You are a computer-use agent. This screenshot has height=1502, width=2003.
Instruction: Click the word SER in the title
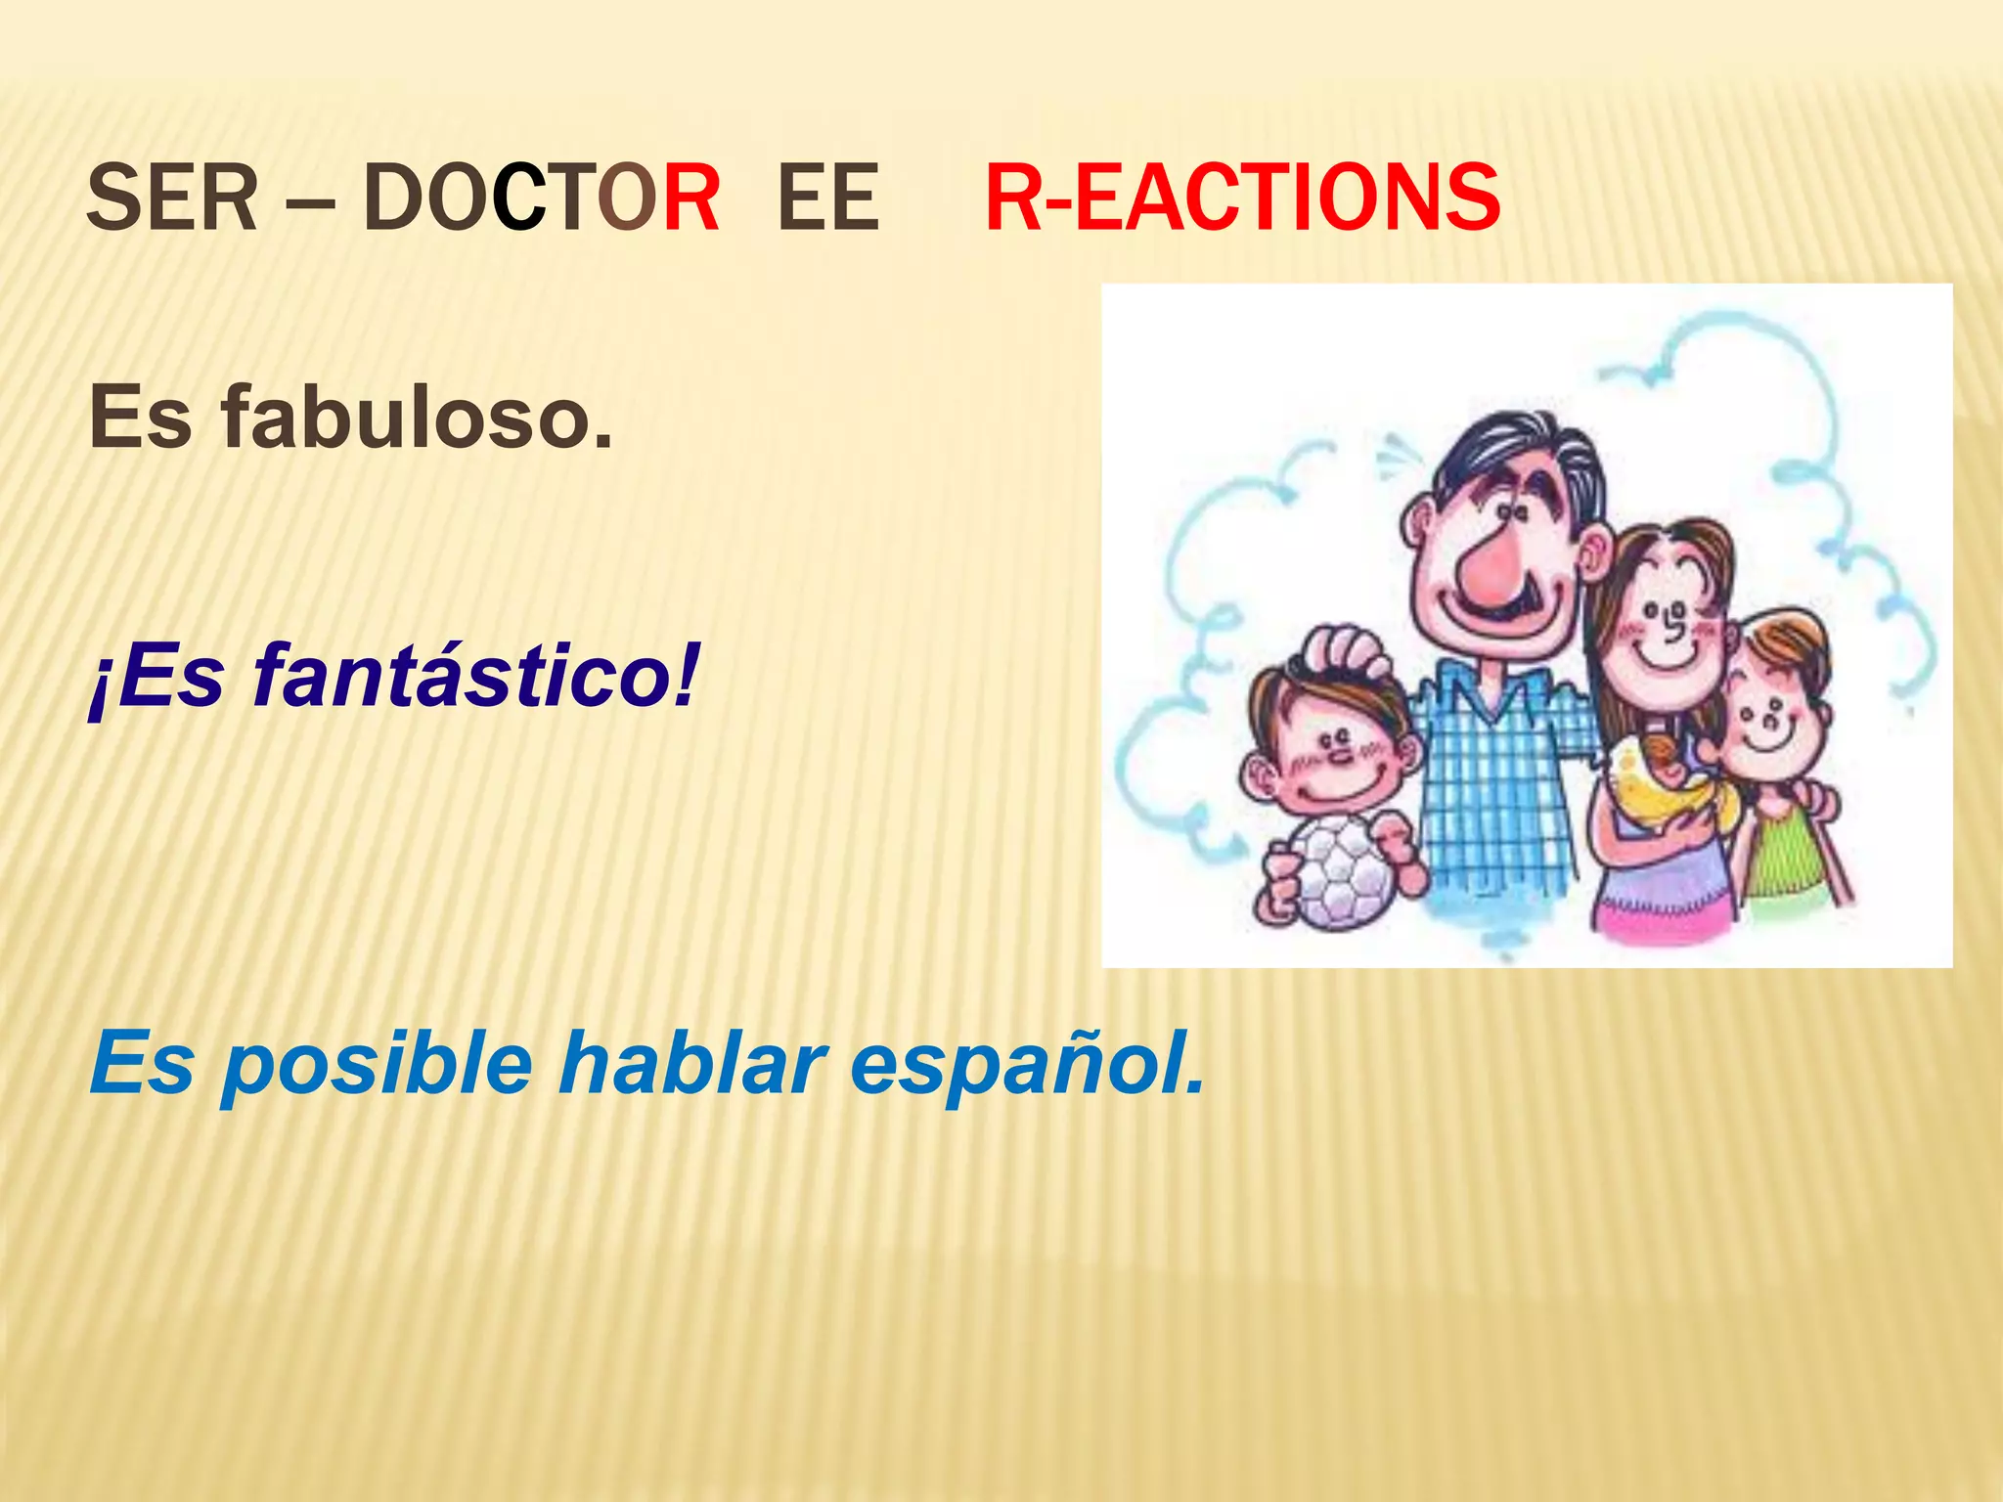[172, 199]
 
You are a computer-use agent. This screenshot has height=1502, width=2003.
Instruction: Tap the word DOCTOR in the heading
[541, 199]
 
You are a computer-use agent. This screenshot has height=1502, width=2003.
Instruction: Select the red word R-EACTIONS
[1242, 199]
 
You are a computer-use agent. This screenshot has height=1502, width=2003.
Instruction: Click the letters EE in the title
[827, 199]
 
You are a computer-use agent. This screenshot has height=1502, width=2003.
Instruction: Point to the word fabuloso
[417, 419]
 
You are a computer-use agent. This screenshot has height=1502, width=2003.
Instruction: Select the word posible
[377, 1064]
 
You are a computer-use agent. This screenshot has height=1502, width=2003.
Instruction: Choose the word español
[1027, 1064]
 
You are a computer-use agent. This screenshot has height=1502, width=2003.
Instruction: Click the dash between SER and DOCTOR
[311, 205]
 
